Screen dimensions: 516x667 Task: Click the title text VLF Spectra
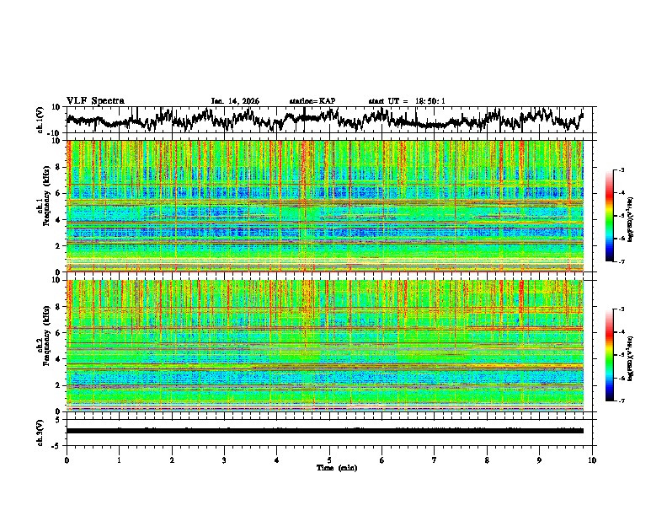coord(95,100)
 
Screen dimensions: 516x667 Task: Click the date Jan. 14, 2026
coord(235,101)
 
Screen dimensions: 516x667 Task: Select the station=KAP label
coord(312,101)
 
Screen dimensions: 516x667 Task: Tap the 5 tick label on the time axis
coord(329,460)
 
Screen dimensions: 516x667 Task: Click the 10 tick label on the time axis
coord(592,460)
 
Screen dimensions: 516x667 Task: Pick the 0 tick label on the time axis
coord(67,460)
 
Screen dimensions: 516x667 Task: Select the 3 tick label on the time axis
coord(224,460)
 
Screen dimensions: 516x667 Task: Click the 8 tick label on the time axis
coord(487,460)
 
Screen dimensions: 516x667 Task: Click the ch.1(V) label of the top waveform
coord(40,121)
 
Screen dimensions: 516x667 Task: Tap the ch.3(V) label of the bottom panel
coord(40,430)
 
